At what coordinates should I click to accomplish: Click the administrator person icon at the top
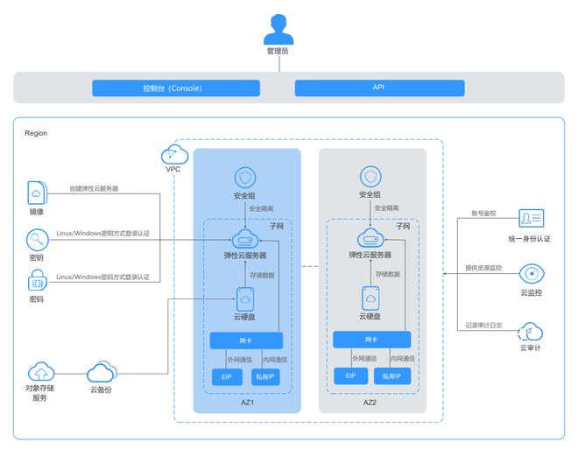point(277,28)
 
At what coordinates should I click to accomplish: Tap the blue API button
point(378,88)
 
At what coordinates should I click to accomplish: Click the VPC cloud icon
point(171,155)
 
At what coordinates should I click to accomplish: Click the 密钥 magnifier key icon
point(37,238)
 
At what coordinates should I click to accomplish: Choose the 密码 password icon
point(37,280)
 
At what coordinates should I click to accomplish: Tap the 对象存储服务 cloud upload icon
point(40,372)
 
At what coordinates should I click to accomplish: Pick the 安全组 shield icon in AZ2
point(370,176)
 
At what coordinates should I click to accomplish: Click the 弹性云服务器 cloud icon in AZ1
point(246,238)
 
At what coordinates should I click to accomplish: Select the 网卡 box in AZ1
point(246,340)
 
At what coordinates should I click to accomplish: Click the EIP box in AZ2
point(350,377)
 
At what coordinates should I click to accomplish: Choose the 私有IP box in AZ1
point(265,377)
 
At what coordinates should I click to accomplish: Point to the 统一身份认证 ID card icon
point(531,219)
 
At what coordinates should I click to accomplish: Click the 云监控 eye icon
point(531,273)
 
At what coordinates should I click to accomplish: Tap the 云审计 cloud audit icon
point(531,330)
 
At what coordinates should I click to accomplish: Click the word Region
point(36,133)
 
